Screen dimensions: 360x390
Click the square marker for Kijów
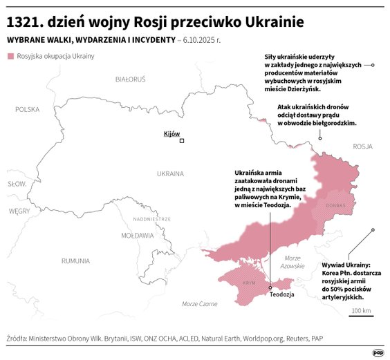coord(182,141)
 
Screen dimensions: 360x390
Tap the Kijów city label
coord(171,133)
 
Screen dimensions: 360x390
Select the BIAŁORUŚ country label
coord(130,79)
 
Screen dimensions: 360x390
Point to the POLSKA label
coord(28,109)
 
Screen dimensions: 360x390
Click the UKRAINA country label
coord(170,173)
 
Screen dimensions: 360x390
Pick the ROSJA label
coord(362,146)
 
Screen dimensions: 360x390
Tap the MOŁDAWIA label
coord(137,236)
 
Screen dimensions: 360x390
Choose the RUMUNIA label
coord(75,261)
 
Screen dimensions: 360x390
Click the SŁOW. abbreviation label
coord(17,184)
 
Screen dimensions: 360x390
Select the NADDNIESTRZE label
coord(151,219)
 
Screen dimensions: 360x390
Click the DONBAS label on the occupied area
coord(335,205)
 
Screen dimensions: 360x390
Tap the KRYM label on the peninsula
coord(250,283)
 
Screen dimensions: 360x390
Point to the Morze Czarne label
coord(199,304)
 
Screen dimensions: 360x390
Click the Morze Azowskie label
coord(292,262)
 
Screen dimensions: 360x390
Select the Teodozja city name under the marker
coord(282,294)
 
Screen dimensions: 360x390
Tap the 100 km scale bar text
coord(361,310)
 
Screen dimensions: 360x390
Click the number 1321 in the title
coord(25,22)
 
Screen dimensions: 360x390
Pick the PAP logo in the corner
coord(378,351)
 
